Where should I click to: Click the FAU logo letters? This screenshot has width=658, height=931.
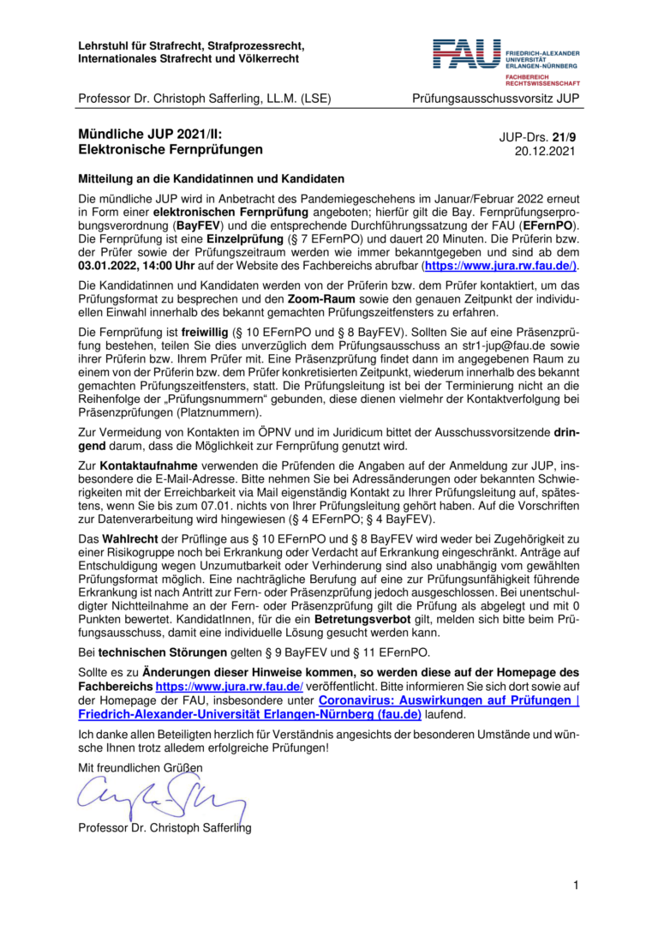467,53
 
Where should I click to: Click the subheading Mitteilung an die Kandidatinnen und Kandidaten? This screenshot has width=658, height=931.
211,179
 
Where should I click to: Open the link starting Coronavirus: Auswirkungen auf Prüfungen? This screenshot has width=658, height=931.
449,700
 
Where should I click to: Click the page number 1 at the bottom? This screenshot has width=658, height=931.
577,885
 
